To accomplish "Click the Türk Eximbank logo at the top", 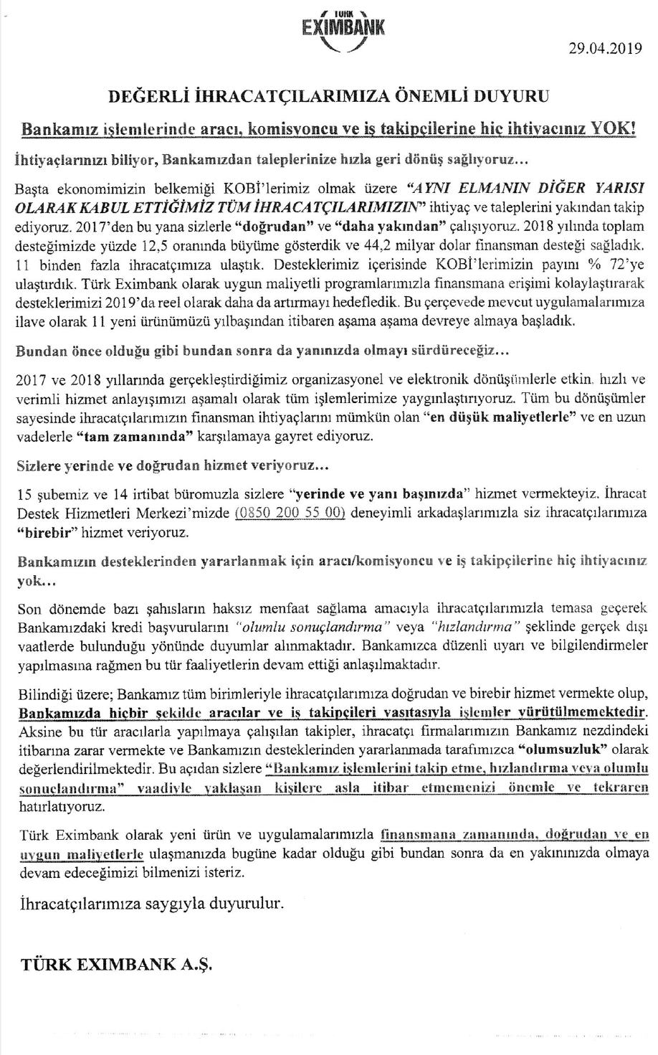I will coord(343,30).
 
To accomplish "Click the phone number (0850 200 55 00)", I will coord(290,513).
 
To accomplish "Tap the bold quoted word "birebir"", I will coord(48,532).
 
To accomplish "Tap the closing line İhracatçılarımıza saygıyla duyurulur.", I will coord(150,902).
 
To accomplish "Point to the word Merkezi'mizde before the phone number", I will coord(184,513).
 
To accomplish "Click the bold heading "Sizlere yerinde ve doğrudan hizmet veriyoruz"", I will coord(172,465).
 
